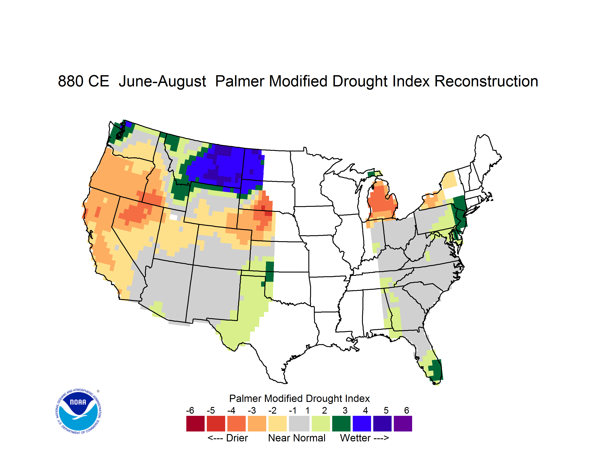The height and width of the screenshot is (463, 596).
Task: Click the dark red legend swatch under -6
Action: [195, 424]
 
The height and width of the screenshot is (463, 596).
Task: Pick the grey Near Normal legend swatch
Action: [299, 424]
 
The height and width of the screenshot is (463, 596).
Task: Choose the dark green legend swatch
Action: [341, 424]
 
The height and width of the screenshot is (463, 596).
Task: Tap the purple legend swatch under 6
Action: [403, 424]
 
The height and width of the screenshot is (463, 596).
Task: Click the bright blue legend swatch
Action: [362, 424]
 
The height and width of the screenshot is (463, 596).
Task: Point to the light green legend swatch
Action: [321, 424]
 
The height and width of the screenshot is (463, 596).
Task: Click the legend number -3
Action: [252, 410]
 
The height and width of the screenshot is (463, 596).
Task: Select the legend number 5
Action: [386, 410]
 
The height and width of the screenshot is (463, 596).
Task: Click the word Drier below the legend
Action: [237, 438]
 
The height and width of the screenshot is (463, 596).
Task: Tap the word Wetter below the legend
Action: [355, 438]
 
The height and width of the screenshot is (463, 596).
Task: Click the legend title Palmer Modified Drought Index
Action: [299, 398]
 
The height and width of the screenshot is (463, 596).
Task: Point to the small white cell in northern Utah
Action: [173, 217]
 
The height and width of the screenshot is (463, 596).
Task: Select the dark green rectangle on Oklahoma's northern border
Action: [270, 271]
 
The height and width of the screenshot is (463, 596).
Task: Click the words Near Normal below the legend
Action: [297, 438]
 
